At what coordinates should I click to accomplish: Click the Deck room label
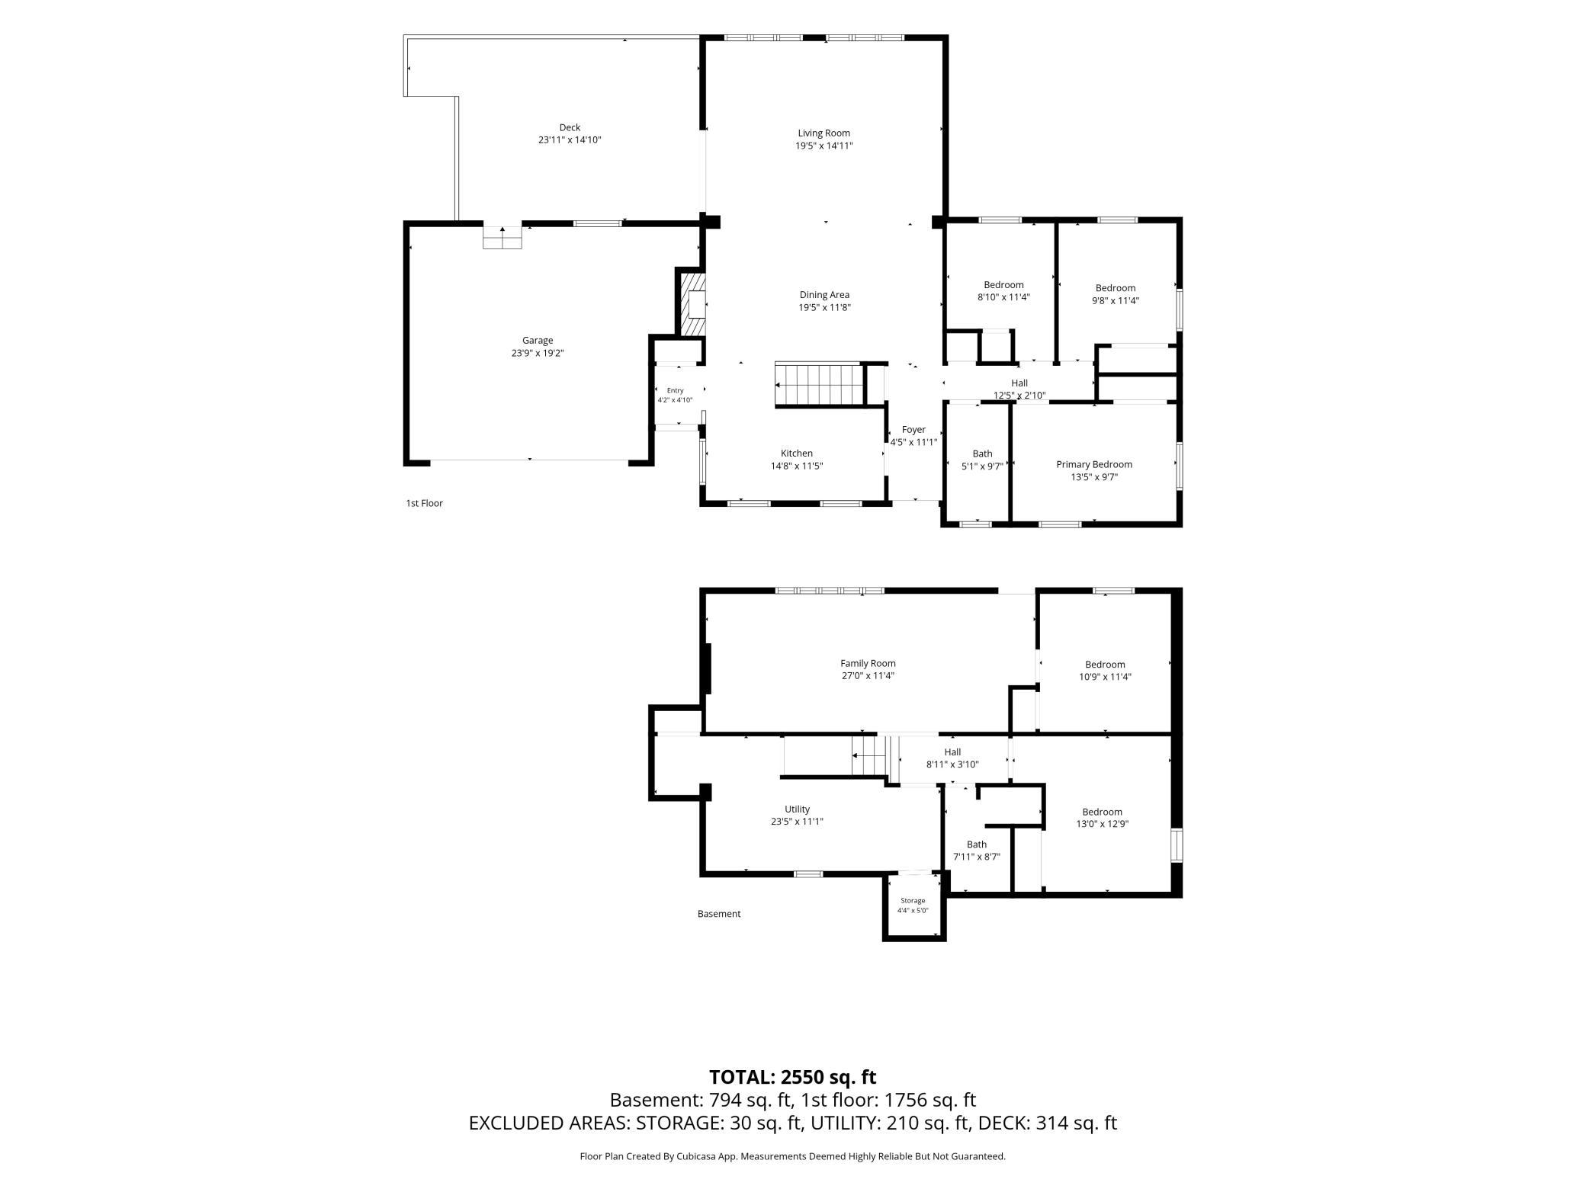point(570,127)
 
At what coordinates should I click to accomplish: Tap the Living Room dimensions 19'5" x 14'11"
point(823,146)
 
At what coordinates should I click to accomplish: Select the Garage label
point(538,341)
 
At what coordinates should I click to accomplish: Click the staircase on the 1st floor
point(820,385)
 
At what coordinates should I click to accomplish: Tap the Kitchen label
point(797,453)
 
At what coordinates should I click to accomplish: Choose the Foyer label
point(913,430)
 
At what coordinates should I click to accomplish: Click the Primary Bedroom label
point(1094,464)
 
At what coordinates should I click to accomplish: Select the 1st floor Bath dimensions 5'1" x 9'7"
point(982,466)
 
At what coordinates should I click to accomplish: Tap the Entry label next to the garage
point(676,390)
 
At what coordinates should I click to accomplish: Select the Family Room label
point(868,663)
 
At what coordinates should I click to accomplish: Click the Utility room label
point(797,809)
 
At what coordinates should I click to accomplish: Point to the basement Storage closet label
point(913,900)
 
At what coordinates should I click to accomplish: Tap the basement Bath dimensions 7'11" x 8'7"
point(977,857)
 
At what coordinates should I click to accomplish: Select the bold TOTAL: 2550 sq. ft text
point(793,1077)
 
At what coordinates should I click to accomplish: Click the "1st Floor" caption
point(424,503)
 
